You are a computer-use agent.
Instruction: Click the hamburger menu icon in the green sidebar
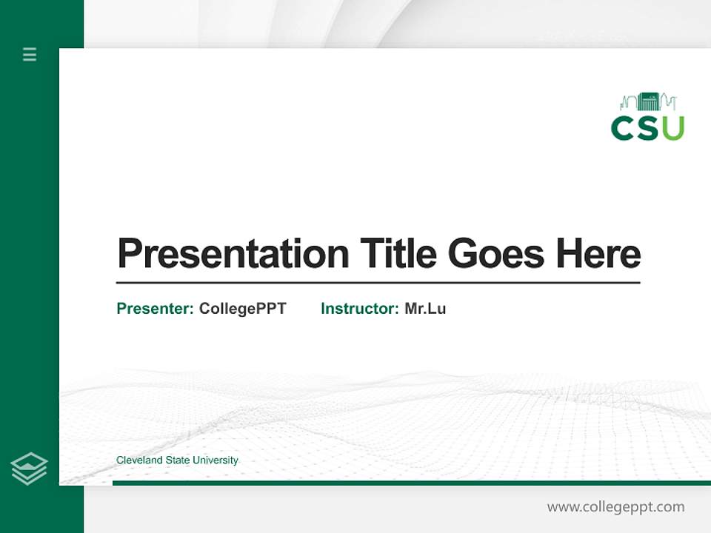30,54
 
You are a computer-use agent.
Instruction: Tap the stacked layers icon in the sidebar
29,469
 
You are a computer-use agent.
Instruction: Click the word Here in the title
598,254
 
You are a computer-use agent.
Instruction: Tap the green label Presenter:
155,309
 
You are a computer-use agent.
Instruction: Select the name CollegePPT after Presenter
242,309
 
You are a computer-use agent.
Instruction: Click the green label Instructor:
360,309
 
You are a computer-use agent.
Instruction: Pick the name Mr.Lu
425,309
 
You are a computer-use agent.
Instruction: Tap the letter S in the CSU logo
647,128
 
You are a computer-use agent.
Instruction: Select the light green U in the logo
672,128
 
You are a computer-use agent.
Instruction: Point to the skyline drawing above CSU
648,102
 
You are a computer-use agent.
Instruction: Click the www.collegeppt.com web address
615,507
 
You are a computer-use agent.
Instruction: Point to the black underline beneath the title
378,283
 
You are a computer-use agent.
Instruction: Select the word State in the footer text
177,460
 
